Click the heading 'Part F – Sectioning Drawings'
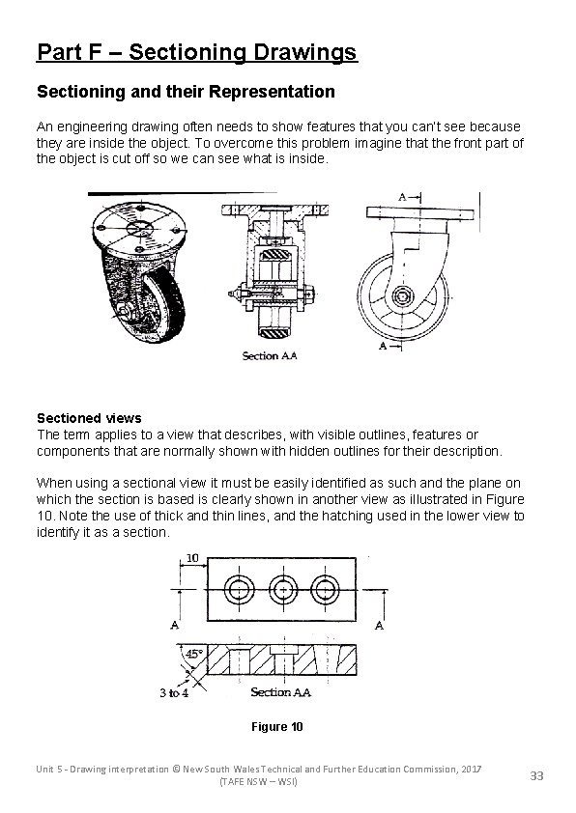196,51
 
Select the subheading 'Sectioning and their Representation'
186,93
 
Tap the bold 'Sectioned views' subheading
89,418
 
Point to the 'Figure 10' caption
275,726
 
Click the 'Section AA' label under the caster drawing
270,355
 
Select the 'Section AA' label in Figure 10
280,691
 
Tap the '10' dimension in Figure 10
192,558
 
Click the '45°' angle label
193,654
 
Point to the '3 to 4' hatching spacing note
175,692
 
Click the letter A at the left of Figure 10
175,625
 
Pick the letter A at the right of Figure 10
379,625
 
